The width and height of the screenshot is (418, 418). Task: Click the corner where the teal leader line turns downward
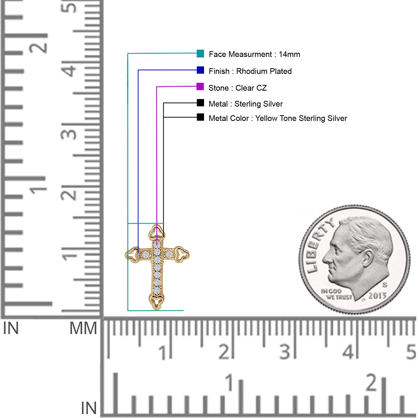[128, 54]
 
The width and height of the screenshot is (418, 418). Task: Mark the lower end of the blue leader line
[138, 253]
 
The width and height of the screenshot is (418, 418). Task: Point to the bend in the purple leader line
[157, 87]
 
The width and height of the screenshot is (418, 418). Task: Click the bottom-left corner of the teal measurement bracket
[128, 311]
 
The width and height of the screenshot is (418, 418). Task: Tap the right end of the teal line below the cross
[183, 311]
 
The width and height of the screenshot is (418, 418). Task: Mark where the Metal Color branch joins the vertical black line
[164, 117]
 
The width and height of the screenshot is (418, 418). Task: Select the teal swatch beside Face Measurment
[200, 54]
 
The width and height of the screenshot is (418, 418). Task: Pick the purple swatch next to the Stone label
[200, 86]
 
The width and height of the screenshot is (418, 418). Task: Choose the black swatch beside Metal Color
[200, 117]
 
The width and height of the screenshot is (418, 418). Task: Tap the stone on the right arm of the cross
[169, 254]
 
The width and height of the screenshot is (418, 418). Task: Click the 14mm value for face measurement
[289, 54]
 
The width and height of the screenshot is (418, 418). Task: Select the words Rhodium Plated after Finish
[264, 71]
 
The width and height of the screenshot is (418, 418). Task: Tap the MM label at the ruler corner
[83, 328]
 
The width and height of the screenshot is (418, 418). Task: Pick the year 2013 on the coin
[378, 296]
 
